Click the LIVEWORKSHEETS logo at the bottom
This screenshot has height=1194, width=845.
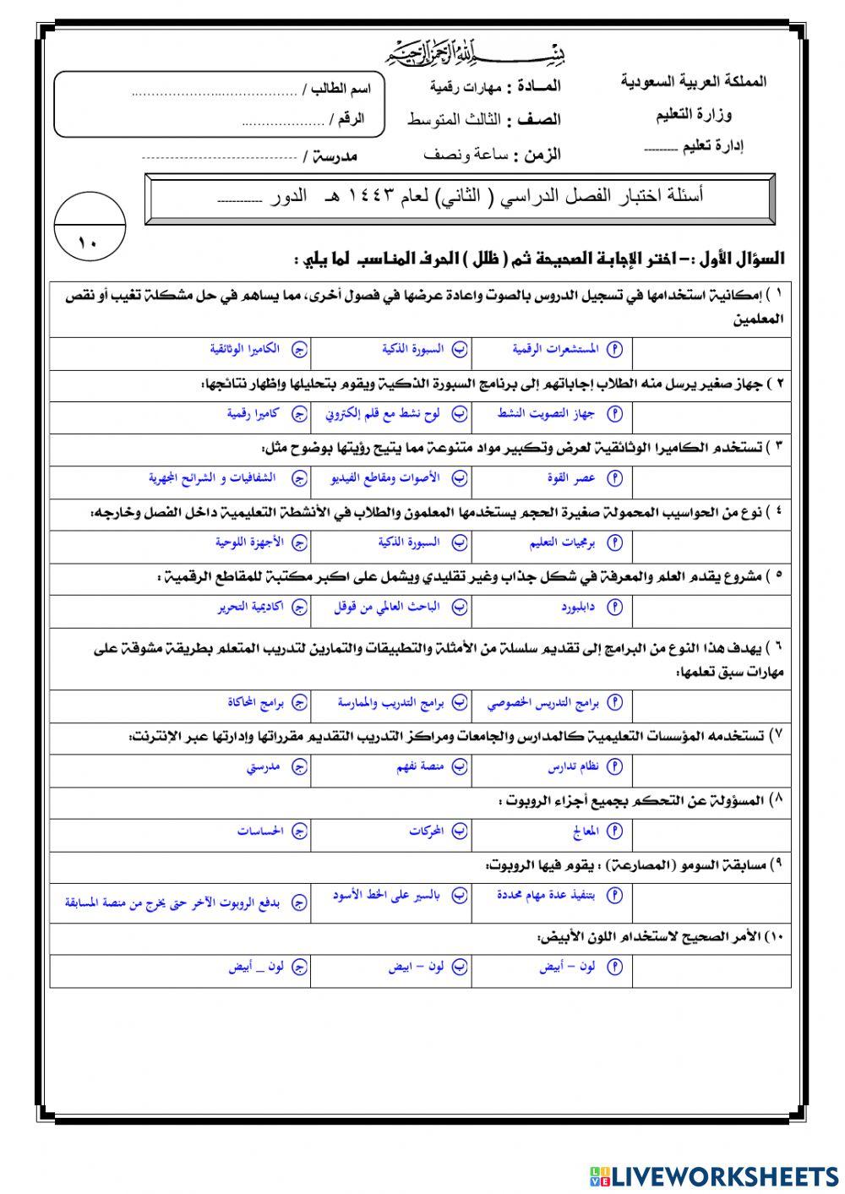(714, 1175)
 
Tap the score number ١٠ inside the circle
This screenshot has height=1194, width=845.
(88, 244)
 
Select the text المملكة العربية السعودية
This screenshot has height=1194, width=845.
(693, 82)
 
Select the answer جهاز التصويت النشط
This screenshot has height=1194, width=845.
(546, 413)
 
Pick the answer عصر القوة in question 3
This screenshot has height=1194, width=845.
(571, 478)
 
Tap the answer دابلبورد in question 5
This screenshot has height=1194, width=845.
(578, 607)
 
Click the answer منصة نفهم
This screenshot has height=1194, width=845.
(420, 766)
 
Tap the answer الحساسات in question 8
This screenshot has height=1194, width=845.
(259, 831)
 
